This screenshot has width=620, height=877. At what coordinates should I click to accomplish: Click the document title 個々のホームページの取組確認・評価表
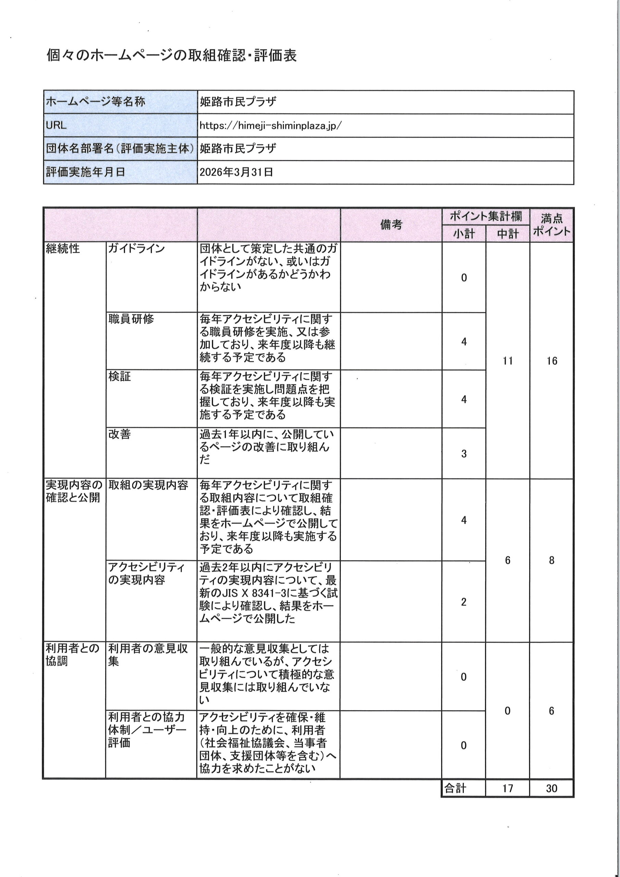(171, 56)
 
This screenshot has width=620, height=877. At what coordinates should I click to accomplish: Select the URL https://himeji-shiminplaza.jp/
(270, 126)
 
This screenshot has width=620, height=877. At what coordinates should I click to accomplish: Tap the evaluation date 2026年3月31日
(236, 172)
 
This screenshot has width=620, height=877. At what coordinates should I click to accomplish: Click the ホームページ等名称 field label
(96, 102)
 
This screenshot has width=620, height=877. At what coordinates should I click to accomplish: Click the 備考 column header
(391, 225)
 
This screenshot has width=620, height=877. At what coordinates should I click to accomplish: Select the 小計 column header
(464, 234)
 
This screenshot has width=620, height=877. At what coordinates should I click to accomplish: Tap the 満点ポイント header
(551, 225)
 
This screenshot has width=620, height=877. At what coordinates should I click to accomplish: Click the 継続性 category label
(63, 249)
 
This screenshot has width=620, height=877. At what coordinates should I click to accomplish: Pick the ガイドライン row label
(136, 249)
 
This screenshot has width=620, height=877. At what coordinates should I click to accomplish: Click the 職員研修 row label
(131, 319)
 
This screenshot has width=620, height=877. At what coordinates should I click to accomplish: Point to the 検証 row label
(120, 376)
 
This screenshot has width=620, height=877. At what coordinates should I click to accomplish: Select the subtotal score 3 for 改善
(464, 454)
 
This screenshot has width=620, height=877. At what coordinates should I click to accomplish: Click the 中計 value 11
(507, 361)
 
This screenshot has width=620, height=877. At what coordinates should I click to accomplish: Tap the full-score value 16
(551, 361)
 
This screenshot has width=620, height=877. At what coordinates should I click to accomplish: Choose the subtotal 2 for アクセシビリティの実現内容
(464, 602)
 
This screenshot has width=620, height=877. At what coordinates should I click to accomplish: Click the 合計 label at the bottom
(455, 788)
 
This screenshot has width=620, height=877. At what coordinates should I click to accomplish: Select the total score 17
(507, 788)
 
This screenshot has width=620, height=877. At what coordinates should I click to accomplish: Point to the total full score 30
(551, 788)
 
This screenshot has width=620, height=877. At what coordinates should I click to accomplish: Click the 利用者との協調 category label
(73, 654)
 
